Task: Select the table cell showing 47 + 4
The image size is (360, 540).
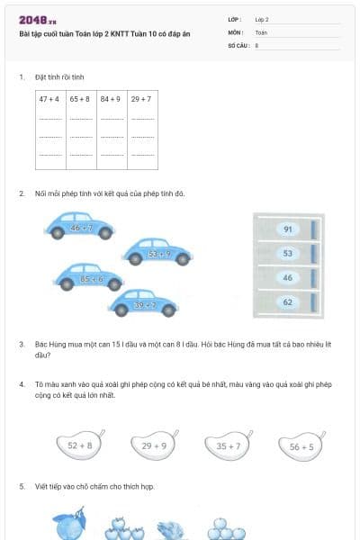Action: click(49, 98)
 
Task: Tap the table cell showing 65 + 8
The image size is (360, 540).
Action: click(80, 98)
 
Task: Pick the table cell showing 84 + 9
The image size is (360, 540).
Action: click(111, 98)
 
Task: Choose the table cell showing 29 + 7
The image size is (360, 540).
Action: click(141, 98)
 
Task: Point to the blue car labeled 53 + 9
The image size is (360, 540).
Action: click(157, 251)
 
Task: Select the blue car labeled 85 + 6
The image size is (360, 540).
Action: click(90, 277)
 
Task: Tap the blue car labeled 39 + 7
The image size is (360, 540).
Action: click(143, 303)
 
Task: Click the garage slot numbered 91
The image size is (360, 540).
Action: click(287, 229)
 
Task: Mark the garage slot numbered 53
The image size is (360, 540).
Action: click(287, 254)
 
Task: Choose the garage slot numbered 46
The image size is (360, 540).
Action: click(287, 278)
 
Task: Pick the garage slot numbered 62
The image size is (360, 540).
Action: click(287, 302)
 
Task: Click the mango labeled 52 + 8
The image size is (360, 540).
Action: click(79, 445)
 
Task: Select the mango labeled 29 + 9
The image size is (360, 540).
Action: click(153, 445)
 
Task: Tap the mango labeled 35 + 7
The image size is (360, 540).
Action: click(227, 445)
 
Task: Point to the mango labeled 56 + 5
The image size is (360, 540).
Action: click(301, 445)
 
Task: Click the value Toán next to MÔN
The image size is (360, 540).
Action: click(261, 31)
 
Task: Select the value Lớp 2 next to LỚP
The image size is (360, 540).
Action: click(262, 19)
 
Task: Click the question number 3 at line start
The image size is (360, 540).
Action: click(21, 345)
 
